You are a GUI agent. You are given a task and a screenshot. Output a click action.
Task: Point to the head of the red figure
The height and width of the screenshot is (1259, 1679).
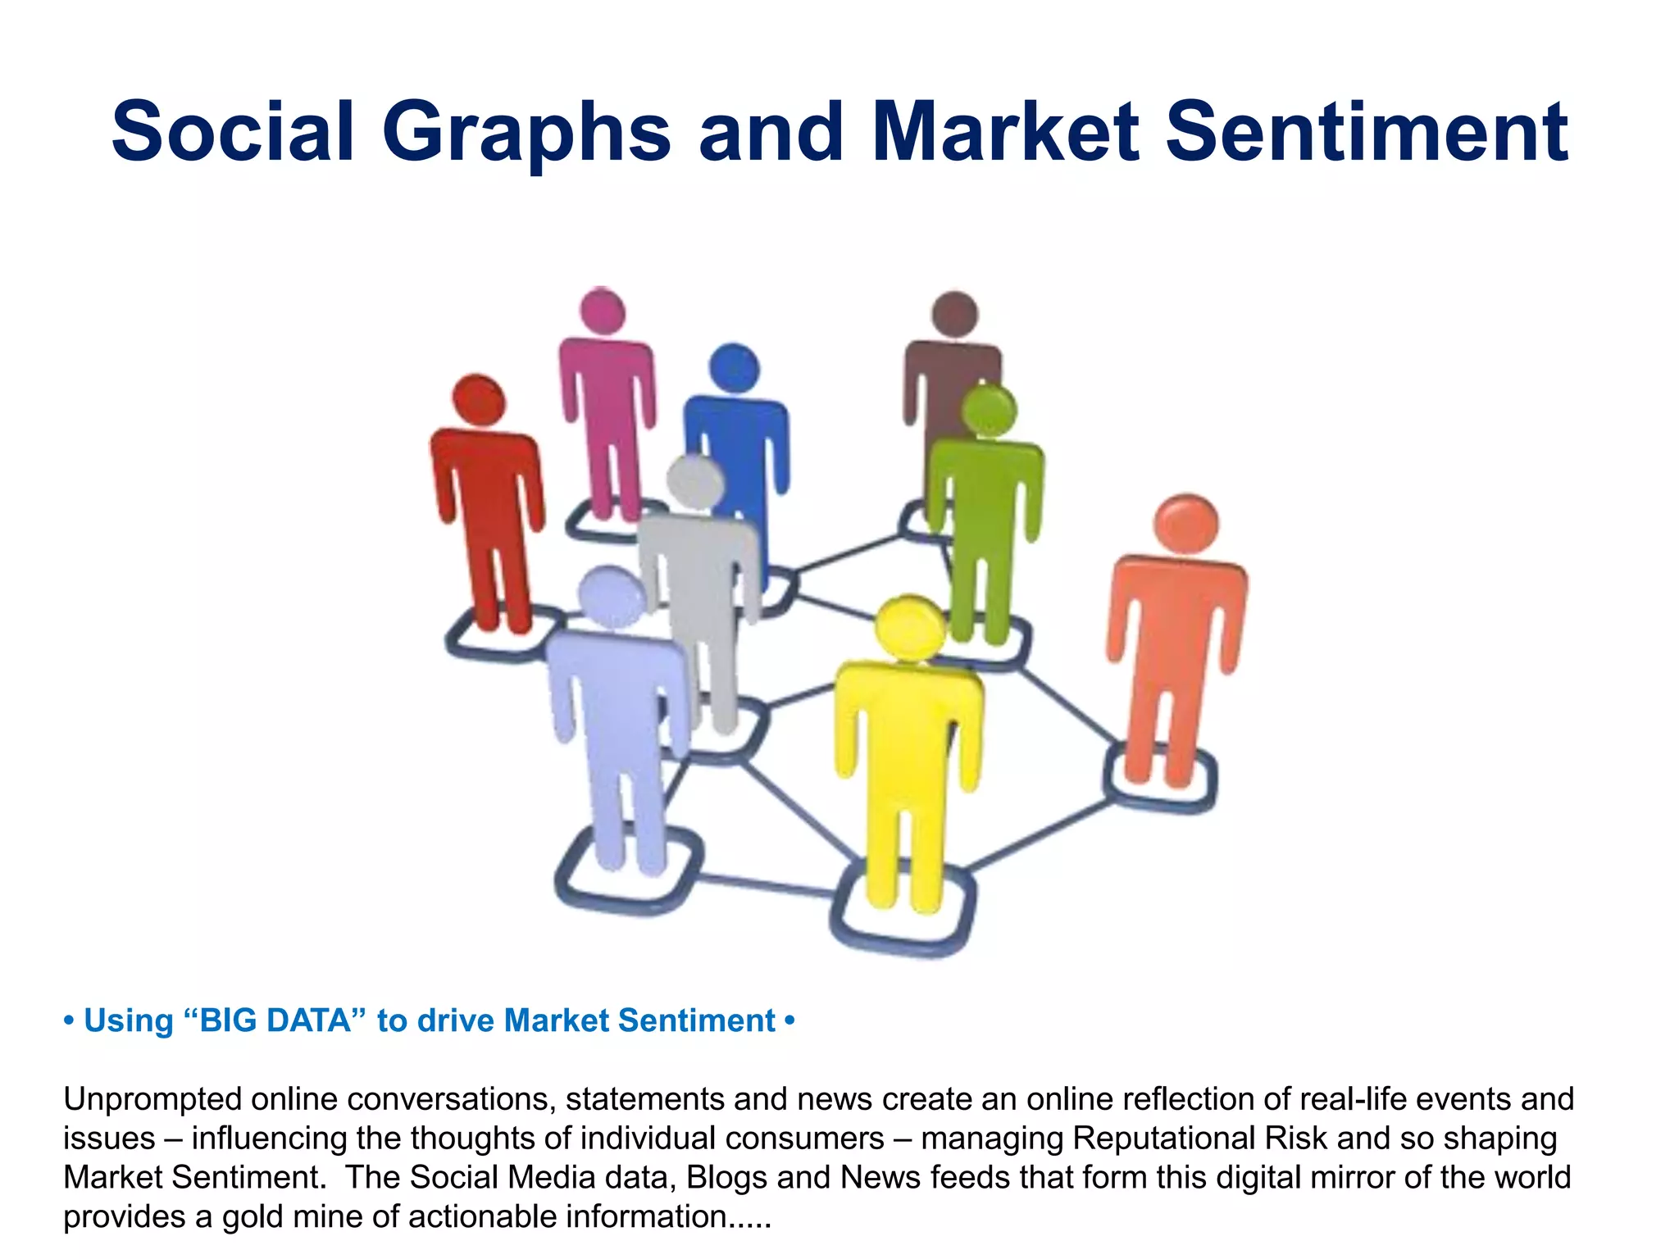[x=479, y=400]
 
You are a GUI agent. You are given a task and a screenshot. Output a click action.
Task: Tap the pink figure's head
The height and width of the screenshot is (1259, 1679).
[x=603, y=311]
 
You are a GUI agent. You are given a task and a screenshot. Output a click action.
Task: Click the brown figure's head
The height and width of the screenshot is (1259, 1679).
[x=954, y=314]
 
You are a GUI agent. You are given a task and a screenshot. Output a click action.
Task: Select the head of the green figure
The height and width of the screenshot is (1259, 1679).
[x=989, y=410]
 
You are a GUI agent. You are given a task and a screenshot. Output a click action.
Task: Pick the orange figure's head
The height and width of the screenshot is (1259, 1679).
[x=1185, y=524]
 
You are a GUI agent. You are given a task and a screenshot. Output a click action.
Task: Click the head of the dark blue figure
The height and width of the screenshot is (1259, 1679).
[x=734, y=367]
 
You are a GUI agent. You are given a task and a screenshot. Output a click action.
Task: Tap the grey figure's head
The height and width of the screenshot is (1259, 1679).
[x=695, y=480]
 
